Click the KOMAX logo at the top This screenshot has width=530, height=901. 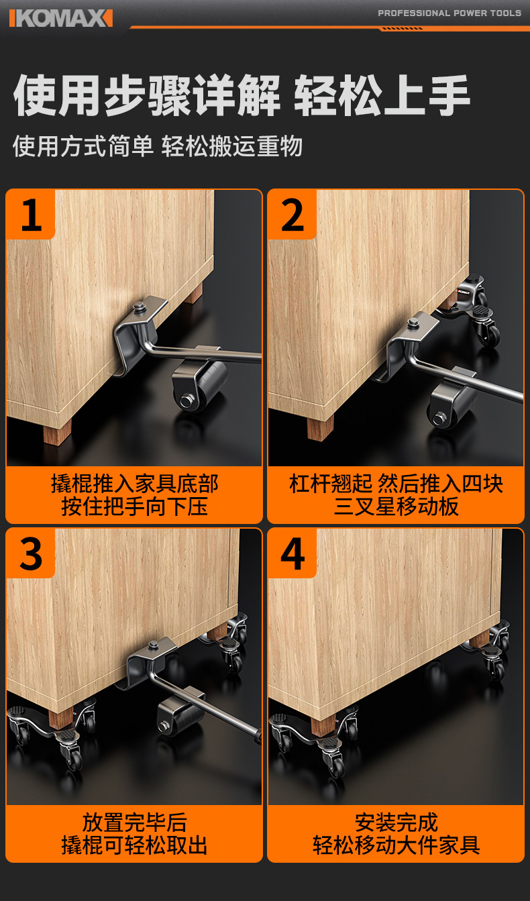point(61,19)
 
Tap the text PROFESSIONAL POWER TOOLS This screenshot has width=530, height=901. point(449,13)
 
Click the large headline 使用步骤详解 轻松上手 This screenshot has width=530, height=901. point(242,96)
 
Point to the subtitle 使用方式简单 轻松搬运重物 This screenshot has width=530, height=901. point(157,146)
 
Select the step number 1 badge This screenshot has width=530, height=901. point(31,215)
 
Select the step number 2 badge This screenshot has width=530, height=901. point(293,215)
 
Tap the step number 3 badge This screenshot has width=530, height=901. point(31,553)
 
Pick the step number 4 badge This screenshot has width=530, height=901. point(293,553)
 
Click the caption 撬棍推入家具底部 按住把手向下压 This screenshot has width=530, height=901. point(134,494)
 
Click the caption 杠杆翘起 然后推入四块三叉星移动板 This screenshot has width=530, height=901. point(396,494)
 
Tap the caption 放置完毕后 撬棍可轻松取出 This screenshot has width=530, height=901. point(134,833)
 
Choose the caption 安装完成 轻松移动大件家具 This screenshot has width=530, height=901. point(396,833)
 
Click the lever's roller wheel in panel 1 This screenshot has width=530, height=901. point(200,385)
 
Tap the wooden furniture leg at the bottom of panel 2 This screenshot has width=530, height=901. point(321,429)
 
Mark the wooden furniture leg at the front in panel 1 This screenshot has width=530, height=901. point(58,432)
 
